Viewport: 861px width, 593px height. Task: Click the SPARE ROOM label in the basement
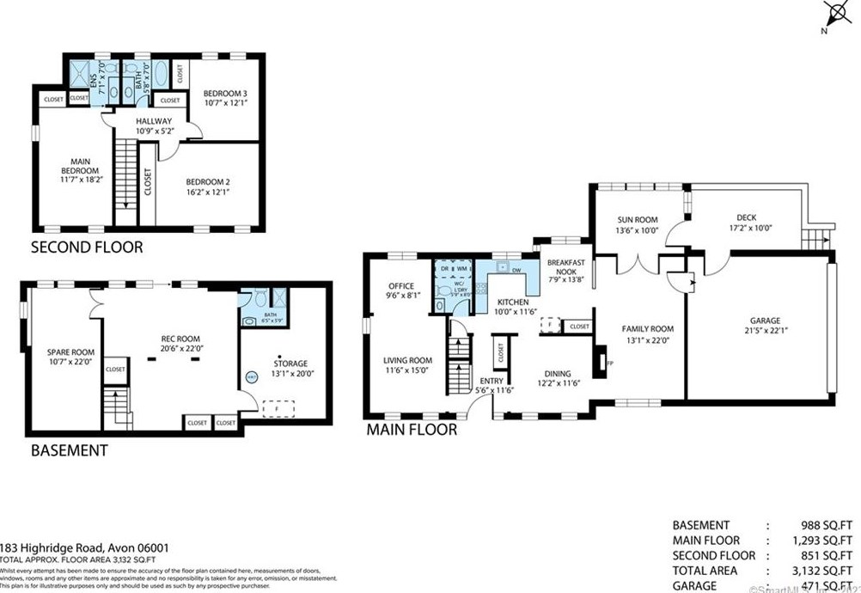(x=71, y=352)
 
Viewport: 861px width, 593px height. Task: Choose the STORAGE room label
(x=290, y=363)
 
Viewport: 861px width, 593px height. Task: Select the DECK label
(x=746, y=217)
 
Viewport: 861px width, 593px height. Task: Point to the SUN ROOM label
(x=637, y=220)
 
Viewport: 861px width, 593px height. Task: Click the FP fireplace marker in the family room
(x=609, y=364)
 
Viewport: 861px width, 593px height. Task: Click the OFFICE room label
(x=400, y=286)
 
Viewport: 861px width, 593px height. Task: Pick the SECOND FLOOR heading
(x=87, y=248)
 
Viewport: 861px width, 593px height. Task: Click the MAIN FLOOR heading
(x=412, y=429)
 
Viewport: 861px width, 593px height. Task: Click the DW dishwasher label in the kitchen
(x=516, y=270)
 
